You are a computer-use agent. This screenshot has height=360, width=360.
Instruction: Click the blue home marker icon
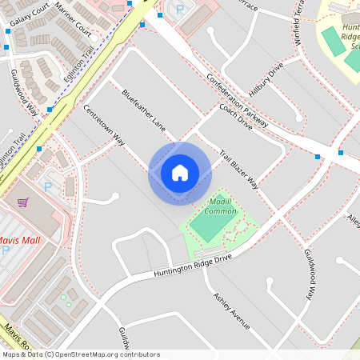tap(180, 173)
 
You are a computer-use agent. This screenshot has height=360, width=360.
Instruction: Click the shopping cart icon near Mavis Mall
tap(22, 202)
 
